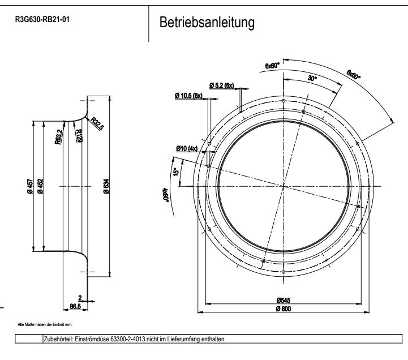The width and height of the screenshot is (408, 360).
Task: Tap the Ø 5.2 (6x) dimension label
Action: (221, 85)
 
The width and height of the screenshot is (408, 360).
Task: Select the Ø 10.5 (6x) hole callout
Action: (189, 96)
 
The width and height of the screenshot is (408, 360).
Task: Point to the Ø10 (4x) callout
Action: (186, 148)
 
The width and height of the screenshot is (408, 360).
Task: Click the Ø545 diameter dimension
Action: (283, 300)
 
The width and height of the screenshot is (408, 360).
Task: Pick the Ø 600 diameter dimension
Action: (283, 308)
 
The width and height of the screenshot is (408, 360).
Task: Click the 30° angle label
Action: (312, 79)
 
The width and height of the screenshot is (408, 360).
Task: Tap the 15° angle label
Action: (177, 170)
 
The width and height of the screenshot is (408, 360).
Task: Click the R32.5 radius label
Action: (97, 124)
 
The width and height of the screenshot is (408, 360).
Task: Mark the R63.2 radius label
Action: (58, 137)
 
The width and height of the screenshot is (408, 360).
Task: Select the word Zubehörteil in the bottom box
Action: (58, 338)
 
